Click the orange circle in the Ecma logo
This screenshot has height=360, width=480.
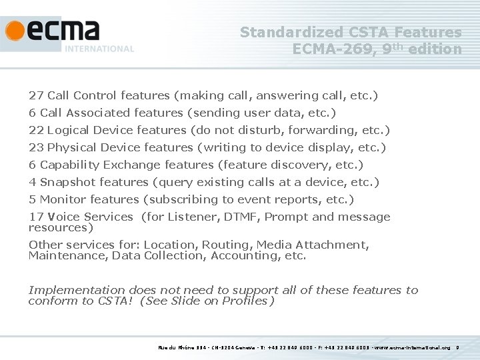15,31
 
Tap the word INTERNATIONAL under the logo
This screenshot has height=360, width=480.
99,49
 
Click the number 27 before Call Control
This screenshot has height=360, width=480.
36,95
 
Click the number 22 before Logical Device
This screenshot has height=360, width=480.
36,130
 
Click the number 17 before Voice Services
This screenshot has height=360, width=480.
36,217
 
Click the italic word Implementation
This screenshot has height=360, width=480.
76,290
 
